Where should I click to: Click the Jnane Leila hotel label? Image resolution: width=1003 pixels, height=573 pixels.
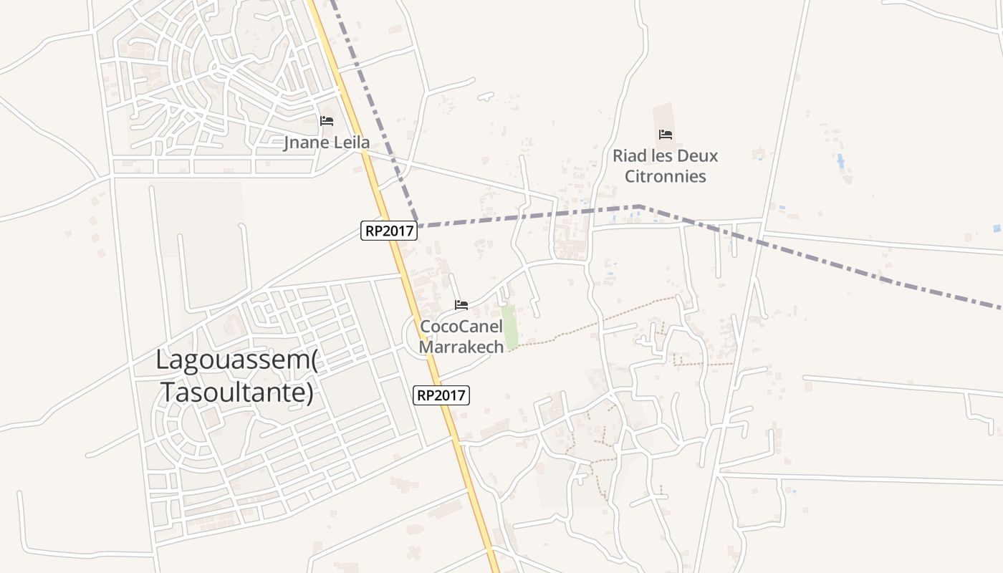(327, 143)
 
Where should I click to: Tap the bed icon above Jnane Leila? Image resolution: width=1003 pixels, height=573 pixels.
(327, 120)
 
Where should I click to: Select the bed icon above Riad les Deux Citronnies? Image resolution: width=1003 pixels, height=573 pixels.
(666, 134)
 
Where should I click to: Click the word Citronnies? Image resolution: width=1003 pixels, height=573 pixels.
(666, 176)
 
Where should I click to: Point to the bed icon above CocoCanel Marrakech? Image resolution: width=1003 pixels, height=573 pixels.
(461, 305)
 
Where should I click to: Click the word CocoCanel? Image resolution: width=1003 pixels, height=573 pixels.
(461, 327)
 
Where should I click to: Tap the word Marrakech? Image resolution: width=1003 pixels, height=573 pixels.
(461, 347)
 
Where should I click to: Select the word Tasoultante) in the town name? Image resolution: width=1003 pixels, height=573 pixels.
(236, 393)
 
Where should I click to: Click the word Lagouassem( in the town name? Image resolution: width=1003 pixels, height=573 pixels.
(236, 360)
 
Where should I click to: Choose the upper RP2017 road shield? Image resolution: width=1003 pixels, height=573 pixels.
(389, 230)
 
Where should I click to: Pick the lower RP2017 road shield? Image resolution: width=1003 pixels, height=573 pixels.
(441, 395)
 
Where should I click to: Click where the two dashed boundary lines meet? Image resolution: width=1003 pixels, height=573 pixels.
(419, 226)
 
